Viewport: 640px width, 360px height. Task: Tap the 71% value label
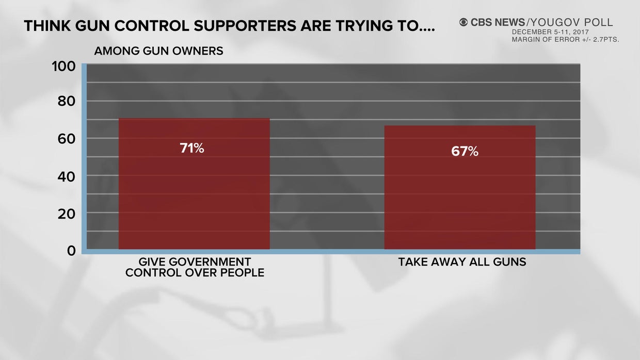click(x=192, y=149)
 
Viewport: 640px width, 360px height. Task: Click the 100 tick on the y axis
click(x=63, y=67)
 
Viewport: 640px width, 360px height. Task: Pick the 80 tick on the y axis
click(x=66, y=101)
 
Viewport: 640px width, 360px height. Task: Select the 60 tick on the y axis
click(x=66, y=139)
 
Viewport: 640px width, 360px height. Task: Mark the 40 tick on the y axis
click(x=66, y=176)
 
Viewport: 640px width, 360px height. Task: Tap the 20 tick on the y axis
click(x=66, y=214)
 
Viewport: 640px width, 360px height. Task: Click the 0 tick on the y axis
click(x=71, y=251)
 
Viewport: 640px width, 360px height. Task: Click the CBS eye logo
click(x=463, y=22)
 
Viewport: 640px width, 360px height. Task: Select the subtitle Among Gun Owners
click(x=158, y=51)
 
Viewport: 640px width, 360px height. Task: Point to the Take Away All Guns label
click(x=462, y=262)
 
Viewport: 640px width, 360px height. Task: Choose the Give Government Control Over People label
click(x=195, y=267)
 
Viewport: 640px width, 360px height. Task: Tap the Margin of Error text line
click(x=565, y=39)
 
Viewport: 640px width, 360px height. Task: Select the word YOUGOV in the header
click(x=554, y=22)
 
